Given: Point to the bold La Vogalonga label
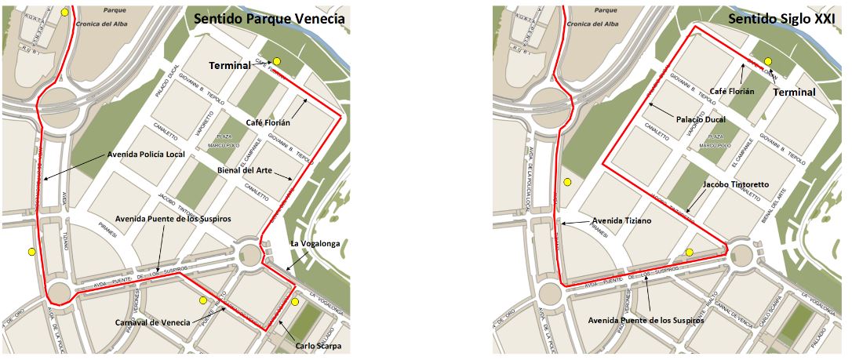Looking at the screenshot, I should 315,244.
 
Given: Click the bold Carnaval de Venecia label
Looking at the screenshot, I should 152,323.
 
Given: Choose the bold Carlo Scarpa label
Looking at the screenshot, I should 319,346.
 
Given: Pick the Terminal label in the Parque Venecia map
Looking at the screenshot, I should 230,66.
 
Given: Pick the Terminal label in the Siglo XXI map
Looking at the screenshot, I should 795,92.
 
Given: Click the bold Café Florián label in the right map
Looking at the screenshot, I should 732,91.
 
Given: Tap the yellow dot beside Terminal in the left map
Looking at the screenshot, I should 277,61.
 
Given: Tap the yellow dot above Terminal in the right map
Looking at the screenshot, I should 768,61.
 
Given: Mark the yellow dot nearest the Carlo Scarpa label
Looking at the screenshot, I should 295,301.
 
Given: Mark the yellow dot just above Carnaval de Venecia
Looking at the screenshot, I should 202,300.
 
